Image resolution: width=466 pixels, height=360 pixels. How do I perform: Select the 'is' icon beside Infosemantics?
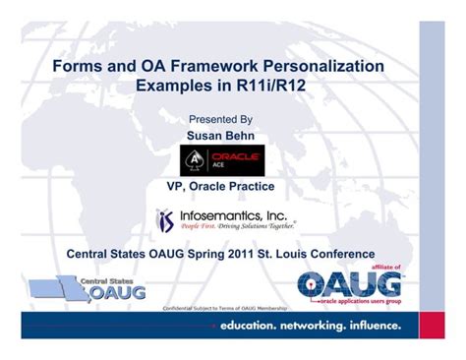pos(165,218)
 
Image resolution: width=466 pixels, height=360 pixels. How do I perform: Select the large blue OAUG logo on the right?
pos(350,284)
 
